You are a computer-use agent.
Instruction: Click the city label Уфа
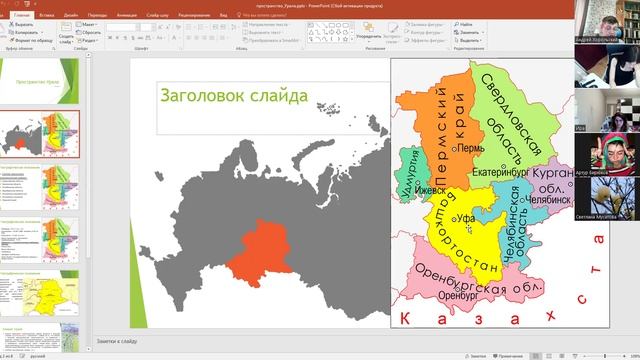(464, 217)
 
